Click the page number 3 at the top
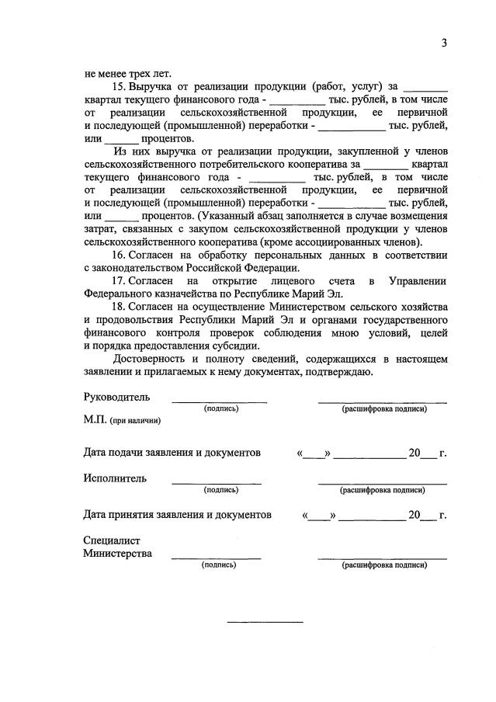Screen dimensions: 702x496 click(445, 43)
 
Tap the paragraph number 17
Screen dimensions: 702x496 click(120, 280)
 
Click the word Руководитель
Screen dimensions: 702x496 click(116, 397)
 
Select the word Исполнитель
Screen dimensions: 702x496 click(114, 478)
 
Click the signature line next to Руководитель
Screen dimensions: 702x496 click(219, 401)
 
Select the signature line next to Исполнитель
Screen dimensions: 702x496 click(216, 483)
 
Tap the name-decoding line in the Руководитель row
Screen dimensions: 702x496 click(382, 401)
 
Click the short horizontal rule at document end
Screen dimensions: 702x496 click(265, 621)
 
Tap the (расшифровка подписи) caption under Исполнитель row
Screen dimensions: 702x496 click(382, 490)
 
